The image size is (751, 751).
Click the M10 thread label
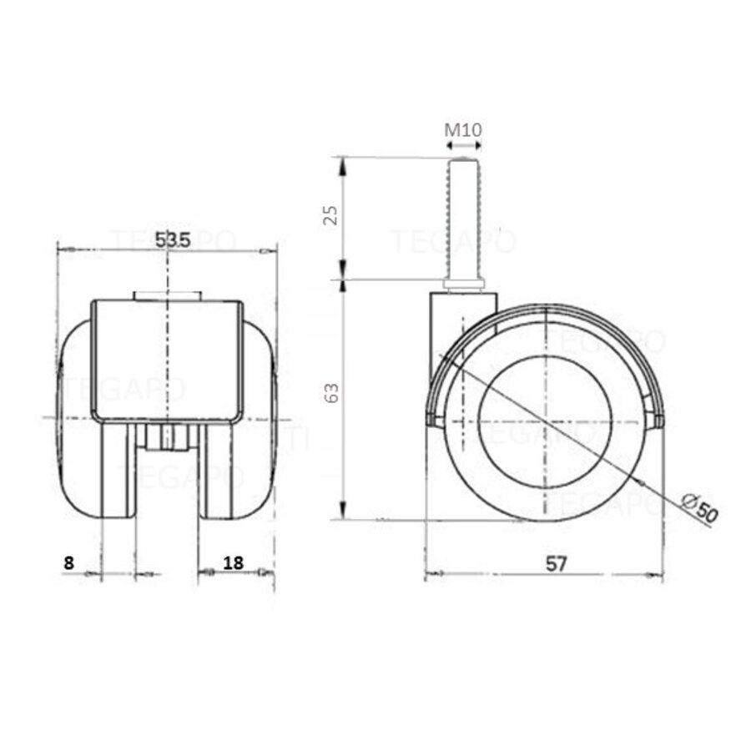point(463,129)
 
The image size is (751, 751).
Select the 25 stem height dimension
point(331,215)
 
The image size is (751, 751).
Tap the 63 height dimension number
point(331,393)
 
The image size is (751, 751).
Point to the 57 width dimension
point(557,563)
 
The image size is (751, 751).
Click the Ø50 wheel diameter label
point(698,508)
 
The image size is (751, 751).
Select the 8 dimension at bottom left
point(68,562)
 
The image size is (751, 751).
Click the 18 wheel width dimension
point(234,562)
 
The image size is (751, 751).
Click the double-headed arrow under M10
point(463,145)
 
